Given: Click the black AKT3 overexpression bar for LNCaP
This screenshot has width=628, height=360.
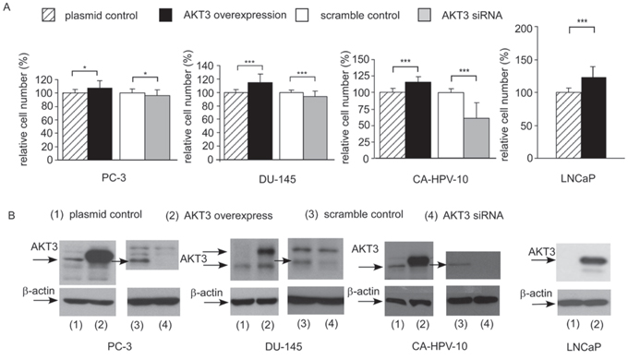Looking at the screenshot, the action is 594,118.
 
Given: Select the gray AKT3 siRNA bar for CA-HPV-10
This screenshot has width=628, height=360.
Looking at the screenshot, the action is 477,138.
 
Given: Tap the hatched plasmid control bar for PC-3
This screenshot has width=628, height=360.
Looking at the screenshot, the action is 75,126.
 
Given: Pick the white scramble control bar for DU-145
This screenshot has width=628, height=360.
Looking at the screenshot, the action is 291,126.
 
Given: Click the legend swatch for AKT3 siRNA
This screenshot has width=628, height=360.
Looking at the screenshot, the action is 424,15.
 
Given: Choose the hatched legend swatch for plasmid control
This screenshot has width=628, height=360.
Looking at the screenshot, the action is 48,16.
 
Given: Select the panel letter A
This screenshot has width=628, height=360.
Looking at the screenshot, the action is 6,6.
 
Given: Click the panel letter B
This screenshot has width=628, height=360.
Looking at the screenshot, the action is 12,215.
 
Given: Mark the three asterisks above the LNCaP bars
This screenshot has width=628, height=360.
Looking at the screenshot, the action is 582,21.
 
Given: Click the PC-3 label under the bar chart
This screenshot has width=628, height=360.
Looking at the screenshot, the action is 114,177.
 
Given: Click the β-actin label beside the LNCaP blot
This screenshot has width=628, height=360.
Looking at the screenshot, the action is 536,294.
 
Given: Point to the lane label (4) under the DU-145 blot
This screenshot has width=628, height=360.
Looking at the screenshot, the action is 331,323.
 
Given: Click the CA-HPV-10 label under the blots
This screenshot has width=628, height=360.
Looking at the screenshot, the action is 440,345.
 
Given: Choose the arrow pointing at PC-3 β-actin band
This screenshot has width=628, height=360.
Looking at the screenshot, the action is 45,300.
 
